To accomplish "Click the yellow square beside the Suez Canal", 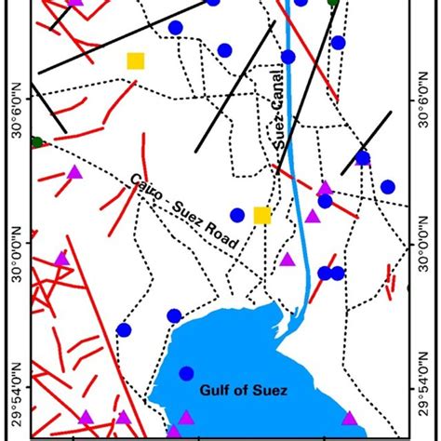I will (262, 215).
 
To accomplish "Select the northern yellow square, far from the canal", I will (136, 61).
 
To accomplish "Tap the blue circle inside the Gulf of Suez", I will (186, 373).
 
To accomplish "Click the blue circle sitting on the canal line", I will (288, 57).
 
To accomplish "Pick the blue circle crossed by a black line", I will (363, 158).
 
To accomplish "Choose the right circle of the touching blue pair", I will (338, 273).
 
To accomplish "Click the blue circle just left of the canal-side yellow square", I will (237, 215).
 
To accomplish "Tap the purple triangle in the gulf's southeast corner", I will (350, 418).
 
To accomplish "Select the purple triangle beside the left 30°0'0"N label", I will (61, 258).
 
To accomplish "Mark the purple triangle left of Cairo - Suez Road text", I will (75, 171).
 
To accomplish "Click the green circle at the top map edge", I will (333, 3).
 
